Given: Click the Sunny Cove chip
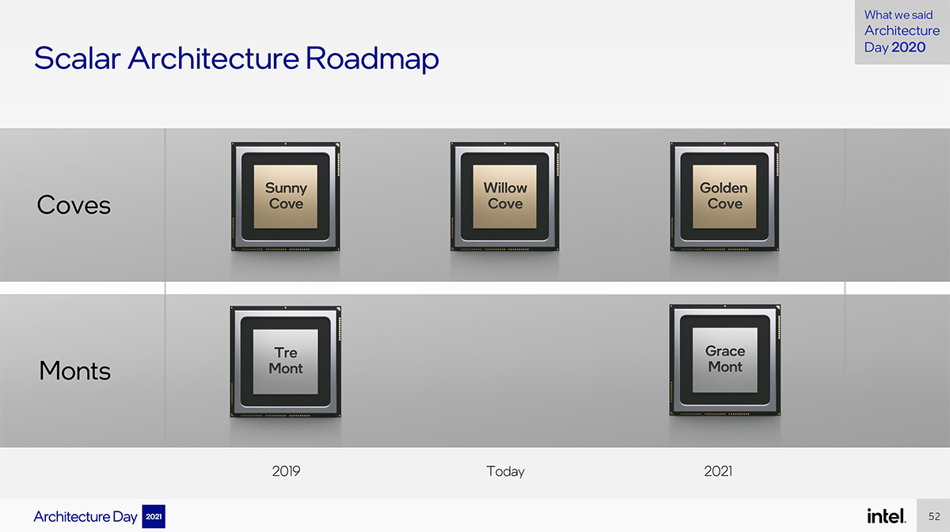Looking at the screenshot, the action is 286,196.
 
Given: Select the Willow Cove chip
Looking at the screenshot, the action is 505,196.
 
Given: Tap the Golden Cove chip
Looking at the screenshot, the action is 724,196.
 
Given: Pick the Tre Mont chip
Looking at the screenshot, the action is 286,362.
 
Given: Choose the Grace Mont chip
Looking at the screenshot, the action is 725,359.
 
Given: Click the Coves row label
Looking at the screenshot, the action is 74,205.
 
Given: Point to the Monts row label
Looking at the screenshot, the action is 74,370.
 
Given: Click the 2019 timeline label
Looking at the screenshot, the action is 287,471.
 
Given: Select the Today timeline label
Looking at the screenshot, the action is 505,471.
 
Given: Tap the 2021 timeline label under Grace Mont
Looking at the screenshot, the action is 718,471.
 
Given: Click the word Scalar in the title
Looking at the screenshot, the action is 78,58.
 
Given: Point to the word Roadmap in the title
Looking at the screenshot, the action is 372,59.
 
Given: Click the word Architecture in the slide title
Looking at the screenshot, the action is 213,58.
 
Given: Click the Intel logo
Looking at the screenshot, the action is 887,516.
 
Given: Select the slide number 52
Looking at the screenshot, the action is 934,516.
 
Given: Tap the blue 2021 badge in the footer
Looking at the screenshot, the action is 154,516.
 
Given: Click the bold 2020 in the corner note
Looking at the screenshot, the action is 908,47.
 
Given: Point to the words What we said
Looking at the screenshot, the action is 899,15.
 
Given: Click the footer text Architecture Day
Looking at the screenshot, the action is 85,517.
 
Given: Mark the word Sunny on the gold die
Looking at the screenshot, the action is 286,188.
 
